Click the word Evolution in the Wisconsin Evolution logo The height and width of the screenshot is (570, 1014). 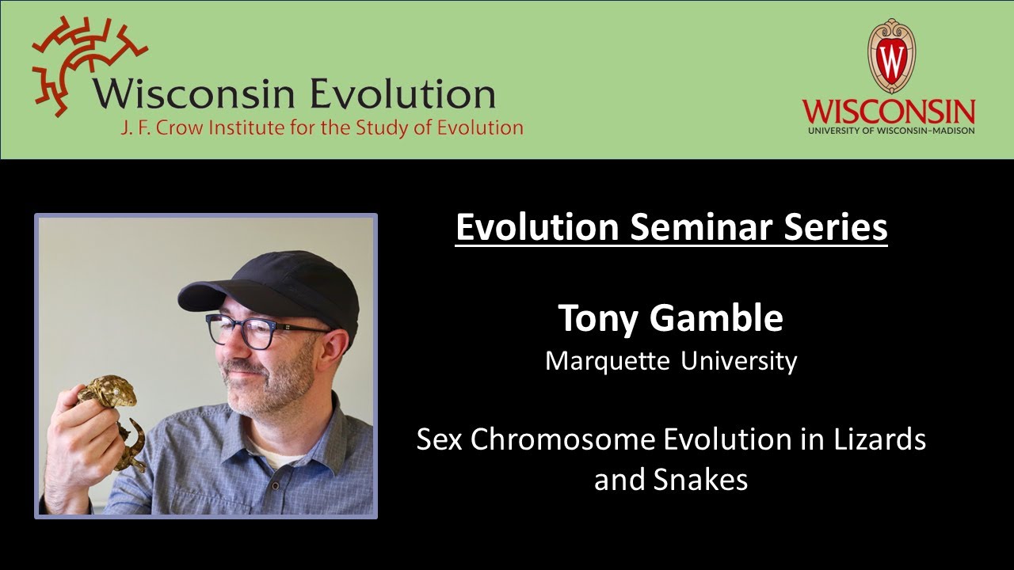click(x=402, y=93)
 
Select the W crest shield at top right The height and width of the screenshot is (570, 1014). click(x=891, y=55)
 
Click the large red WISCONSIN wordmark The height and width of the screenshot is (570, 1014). click(x=888, y=111)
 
